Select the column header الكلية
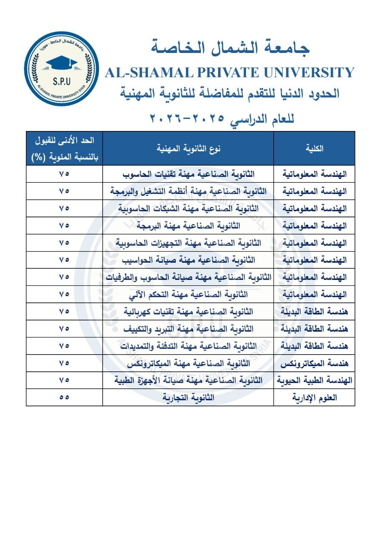314,149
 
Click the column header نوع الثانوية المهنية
188,149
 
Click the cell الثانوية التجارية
188,398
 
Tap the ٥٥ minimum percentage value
64,398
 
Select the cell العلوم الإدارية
314,398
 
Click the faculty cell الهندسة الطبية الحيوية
314,380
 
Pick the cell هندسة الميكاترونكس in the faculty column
314,363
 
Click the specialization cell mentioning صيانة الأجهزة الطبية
188,380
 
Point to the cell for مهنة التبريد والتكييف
188,329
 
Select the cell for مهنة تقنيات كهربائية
188,312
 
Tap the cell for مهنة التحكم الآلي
188,295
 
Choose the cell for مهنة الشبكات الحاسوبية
188,208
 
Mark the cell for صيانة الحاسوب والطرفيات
188,277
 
